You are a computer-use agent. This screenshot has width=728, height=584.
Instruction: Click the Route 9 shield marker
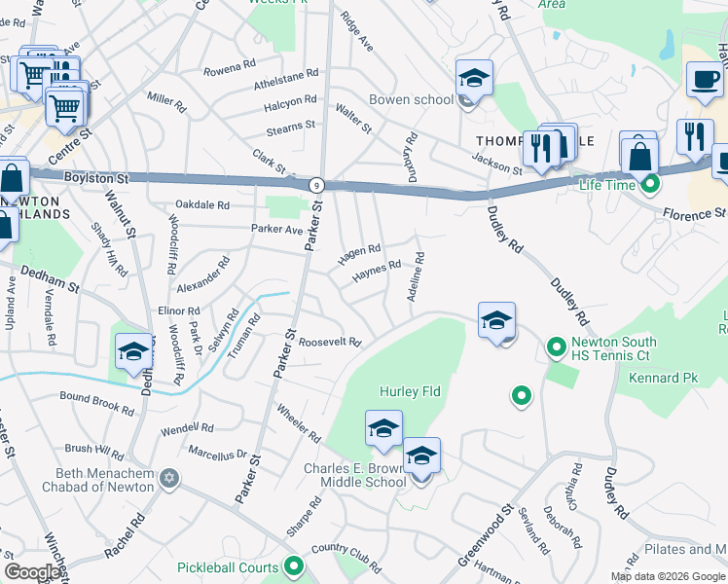pyautogui.click(x=316, y=184)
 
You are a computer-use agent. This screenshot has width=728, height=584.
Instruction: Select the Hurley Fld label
pyautogui.click(x=410, y=391)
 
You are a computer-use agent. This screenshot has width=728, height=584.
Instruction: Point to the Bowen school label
pyautogui.click(x=410, y=99)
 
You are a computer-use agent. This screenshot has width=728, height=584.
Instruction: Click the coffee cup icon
pyautogui.click(x=704, y=82)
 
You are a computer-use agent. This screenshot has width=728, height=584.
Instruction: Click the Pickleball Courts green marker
pyautogui.click(x=294, y=567)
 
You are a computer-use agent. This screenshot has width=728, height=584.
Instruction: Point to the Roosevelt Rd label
pyautogui.click(x=330, y=343)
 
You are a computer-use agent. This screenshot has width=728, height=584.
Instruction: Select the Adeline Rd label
pyautogui.click(x=417, y=276)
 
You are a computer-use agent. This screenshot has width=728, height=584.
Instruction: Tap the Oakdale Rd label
pyautogui.click(x=202, y=205)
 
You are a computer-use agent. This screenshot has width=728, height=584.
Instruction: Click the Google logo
pyautogui.click(x=32, y=572)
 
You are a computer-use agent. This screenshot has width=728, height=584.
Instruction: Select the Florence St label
pyautogui.click(x=695, y=212)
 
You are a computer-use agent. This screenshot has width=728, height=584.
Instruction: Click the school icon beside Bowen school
pyautogui.click(x=474, y=78)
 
